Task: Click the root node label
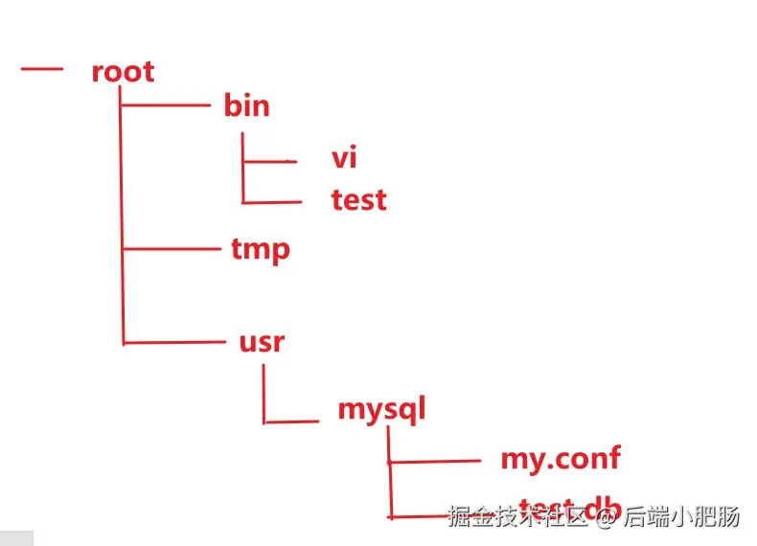pos(123,72)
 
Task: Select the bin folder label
pos(246,104)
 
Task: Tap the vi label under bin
pos(344,156)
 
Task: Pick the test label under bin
pos(358,199)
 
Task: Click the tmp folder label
pos(261,249)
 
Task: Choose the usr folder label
pos(262,340)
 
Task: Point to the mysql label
pos(380,409)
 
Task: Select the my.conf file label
pos(560,458)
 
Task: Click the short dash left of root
pos(40,69)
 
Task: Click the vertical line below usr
pos(264,393)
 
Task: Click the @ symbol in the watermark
pos(605,517)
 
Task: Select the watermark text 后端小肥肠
pos(681,517)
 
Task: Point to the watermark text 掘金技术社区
pos(517,517)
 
